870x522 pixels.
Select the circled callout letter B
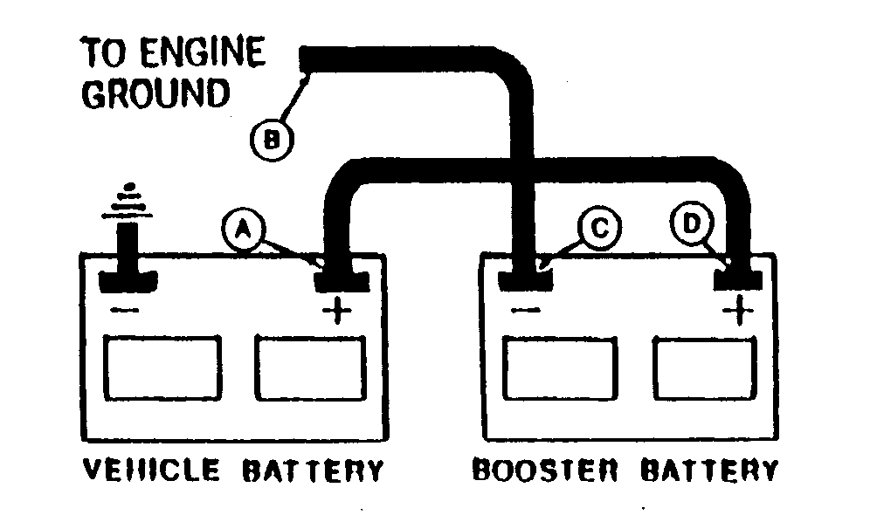(x=271, y=137)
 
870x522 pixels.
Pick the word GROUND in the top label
(x=156, y=93)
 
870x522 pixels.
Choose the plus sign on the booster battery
(x=739, y=310)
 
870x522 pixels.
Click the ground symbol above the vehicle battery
(x=130, y=202)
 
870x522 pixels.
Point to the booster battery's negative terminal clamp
(x=525, y=278)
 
